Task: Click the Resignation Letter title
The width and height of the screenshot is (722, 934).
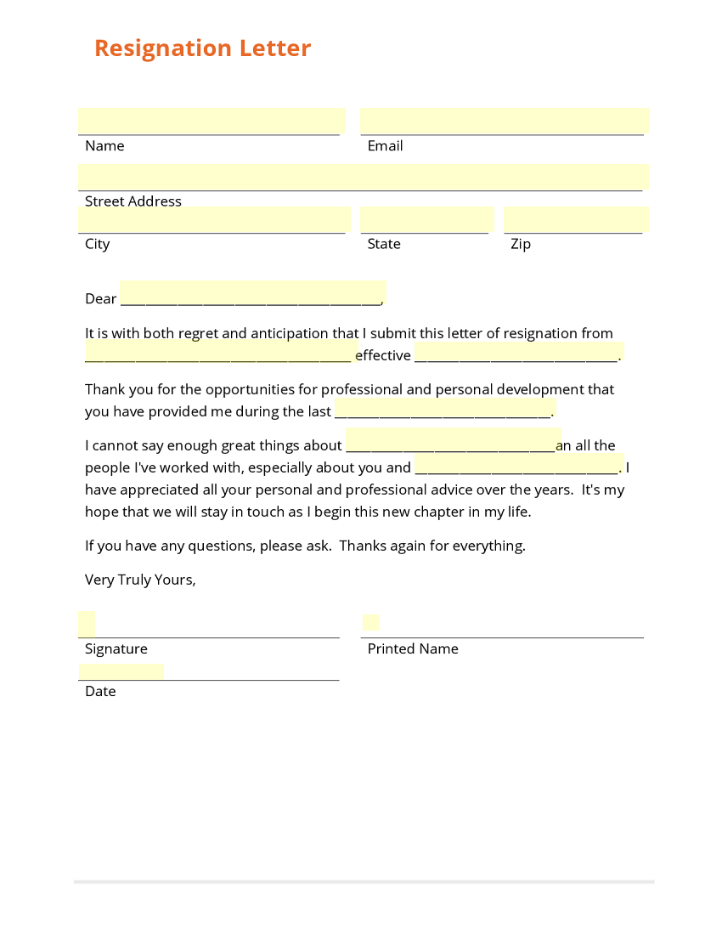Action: (202, 48)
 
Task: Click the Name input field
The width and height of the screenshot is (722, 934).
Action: (212, 122)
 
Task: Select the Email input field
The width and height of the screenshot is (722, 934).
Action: (505, 122)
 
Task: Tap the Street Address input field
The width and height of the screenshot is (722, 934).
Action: (363, 178)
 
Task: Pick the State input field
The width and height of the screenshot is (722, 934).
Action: (426, 220)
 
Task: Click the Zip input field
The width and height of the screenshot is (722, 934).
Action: (576, 220)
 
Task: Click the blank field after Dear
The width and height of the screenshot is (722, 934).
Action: (252, 293)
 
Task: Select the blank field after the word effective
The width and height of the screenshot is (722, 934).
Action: (519, 352)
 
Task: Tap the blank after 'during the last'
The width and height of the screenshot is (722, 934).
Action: (445, 408)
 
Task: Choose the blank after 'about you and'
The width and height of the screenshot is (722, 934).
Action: (519, 464)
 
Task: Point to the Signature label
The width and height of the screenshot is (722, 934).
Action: (116, 649)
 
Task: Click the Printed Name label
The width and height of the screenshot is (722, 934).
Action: (413, 649)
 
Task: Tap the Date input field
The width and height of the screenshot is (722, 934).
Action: (121, 672)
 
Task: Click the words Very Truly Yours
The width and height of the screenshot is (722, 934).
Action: (140, 580)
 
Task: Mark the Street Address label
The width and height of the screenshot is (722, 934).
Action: (133, 201)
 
